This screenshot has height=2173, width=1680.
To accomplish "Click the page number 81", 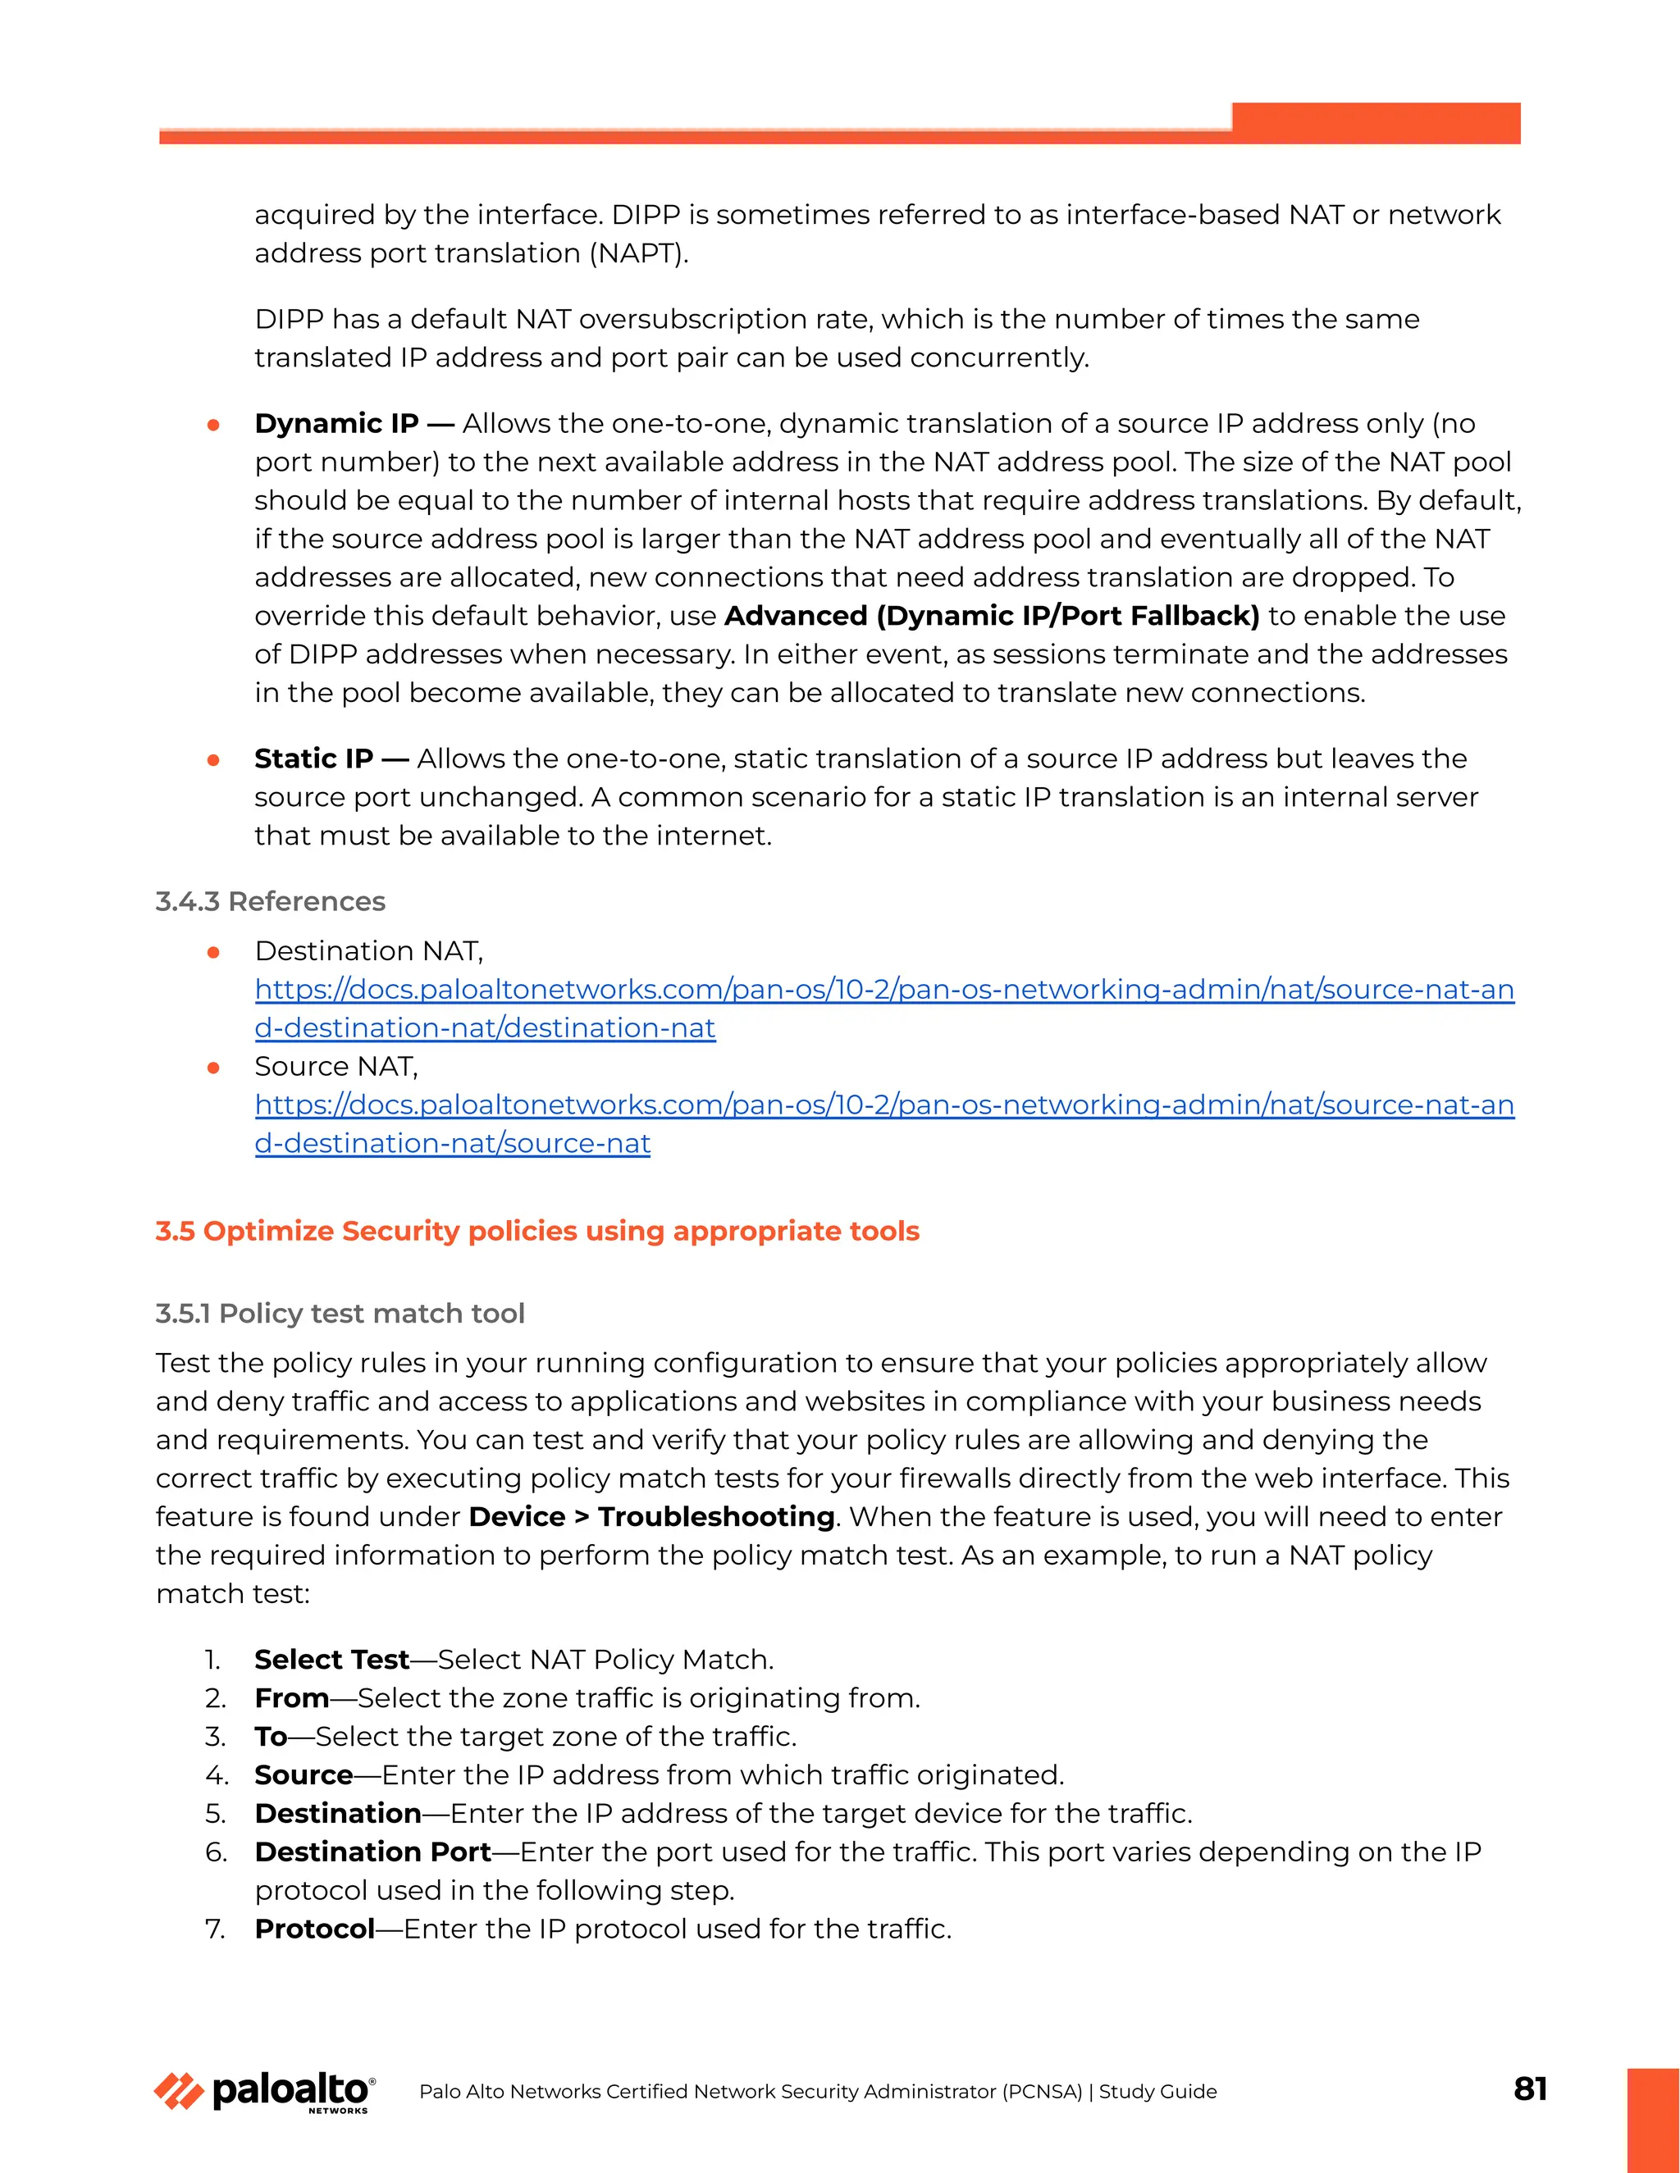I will (1530, 2089).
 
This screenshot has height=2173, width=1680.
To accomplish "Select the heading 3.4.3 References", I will (270, 901).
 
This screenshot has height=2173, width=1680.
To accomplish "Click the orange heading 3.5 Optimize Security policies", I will (536, 1231).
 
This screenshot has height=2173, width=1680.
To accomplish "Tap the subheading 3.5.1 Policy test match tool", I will (340, 1314).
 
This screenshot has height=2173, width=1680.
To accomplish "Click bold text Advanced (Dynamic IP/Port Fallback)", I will (991, 616).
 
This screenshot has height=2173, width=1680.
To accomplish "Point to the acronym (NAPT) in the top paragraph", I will (637, 253).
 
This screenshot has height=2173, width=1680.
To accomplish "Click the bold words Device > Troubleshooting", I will (651, 1516).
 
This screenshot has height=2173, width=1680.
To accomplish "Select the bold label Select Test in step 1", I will (331, 1660).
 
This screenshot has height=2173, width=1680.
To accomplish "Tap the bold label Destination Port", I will (372, 1852).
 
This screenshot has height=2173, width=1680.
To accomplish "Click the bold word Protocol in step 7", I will (314, 1929).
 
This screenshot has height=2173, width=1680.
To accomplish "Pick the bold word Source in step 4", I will (304, 1775).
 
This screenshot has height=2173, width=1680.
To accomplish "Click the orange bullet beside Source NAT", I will (213, 1068).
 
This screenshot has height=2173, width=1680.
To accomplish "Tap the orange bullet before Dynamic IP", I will (213, 425).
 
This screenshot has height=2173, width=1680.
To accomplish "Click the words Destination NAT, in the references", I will (368, 951).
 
